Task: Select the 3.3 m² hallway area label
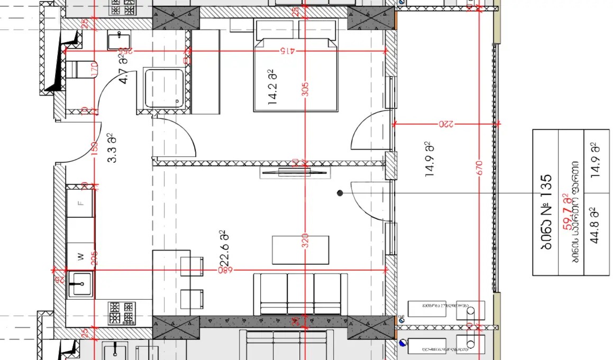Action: pos(112,148)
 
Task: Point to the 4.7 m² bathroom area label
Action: pos(124,69)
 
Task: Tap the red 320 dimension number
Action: pos(305,242)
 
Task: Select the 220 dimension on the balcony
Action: pos(446,125)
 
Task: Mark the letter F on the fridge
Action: pos(80,202)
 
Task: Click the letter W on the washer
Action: pos(80,257)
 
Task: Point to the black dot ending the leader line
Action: pos(340,193)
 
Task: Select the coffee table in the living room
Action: pos(300,250)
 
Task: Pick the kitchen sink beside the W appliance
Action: pos(80,284)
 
